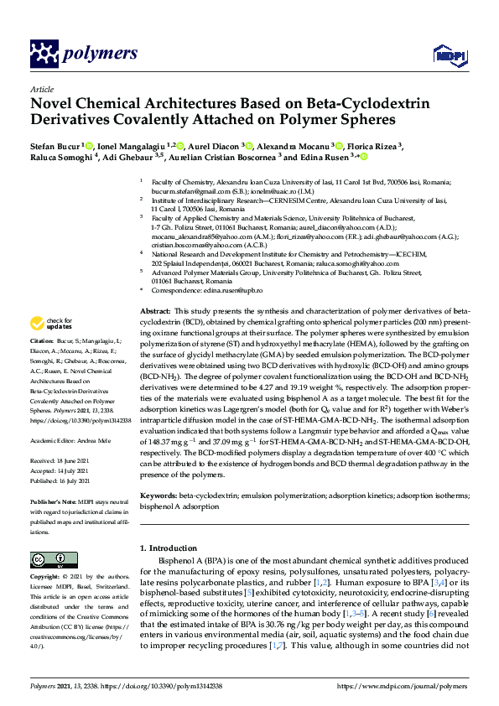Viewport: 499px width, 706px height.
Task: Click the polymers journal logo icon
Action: (43, 53)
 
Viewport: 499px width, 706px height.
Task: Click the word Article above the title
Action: (40, 88)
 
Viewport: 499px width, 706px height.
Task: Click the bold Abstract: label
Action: (155, 310)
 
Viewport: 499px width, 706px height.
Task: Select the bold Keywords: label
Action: (159, 498)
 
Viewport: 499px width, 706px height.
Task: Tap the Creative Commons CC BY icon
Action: (48, 560)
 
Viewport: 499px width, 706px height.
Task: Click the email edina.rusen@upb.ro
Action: (236, 290)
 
